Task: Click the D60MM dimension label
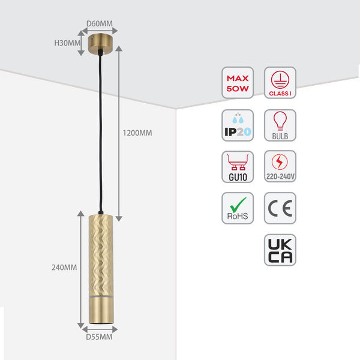pyautogui.click(x=100, y=23)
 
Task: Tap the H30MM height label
pyautogui.click(x=67, y=43)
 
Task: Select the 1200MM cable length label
pyautogui.click(x=137, y=133)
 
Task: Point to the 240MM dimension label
pyautogui.click(x=64, y=268)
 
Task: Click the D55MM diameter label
pyautogui.click(x=99, y=337)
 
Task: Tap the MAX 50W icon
pyautogui.click(x=238, y=83)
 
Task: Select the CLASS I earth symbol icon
pyautogui.click(x=280, y=83)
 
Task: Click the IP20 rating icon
pyautogui.click(x=238, y=125)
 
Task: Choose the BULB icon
pyautogui.click(x=280, y=125)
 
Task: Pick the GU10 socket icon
pyautogui.click(x=238, y=167)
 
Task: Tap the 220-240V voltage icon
pyautogui.click(x=280, y=166)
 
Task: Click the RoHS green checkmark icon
pyautogui.click(x=238, y=208)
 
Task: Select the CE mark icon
pyautogui.click(x=280, y=208)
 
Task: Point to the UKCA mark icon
pyautogui.click(x=280, y=250)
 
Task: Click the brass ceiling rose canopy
pyautogui.click(x=100, y=44)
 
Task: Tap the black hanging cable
pyautogui.click(x=101, y=133)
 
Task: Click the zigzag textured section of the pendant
pyautogui.click(x=101, y=255)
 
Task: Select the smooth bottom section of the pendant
pyautogui.click(x=101, y=310)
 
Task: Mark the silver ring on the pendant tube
pyautogui.click(x=101, y=296)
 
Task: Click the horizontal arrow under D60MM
pyautogui.click(x=100, y=31)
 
